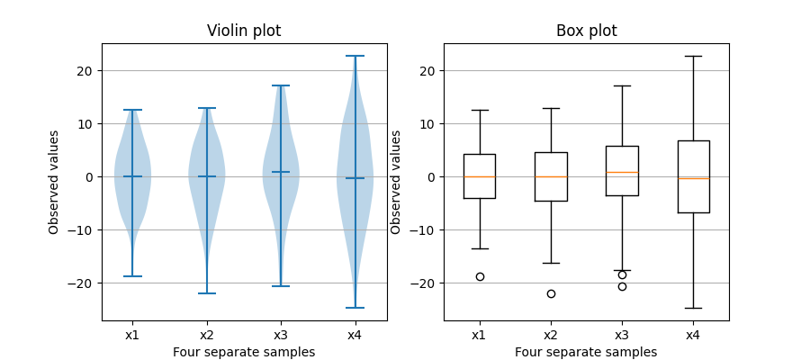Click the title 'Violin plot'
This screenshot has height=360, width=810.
pyautogui.click(x=244, y=31)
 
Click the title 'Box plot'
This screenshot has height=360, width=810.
pyautogui.click(x=586, y=31)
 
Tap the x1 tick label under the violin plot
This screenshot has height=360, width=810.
pyautogui.click(x=132, y=335)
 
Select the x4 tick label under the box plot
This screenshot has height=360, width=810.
pyautogui.click(x=693, y=335)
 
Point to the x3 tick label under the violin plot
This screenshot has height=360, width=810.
pyautogui.click(x=281, y=335)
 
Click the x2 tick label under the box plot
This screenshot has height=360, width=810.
pyautogui.click(x=551, y=335)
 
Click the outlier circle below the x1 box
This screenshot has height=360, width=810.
pyautogui.click(x=480, y=276)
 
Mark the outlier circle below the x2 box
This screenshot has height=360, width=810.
pyautogui.click(x=551, y=293)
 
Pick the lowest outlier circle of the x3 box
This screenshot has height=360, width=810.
pyautogui.click(x=622, y=286)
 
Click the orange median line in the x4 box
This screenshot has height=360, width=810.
pyautogui.click(x=693, y=178)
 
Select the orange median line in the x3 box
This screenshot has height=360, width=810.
pyautogui.click(x=622, y=172)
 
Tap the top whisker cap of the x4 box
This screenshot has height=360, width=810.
pyautogui.click(x=693, y=56)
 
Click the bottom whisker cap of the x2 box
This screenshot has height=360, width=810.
pyautogui.click(x=551, y=263)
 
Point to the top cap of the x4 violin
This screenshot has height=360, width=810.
pyautogui.click(x=355, y=56)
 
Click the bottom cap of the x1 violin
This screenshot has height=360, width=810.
pyautogui.click(x=132, y=276)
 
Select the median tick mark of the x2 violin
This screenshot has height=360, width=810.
pyautogui.click(x=207, y=176)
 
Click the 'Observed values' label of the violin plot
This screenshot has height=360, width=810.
pyautogui.click(x=54, y=182)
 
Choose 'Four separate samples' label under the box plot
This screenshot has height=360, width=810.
pyautogui.click(x=586, y=352)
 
